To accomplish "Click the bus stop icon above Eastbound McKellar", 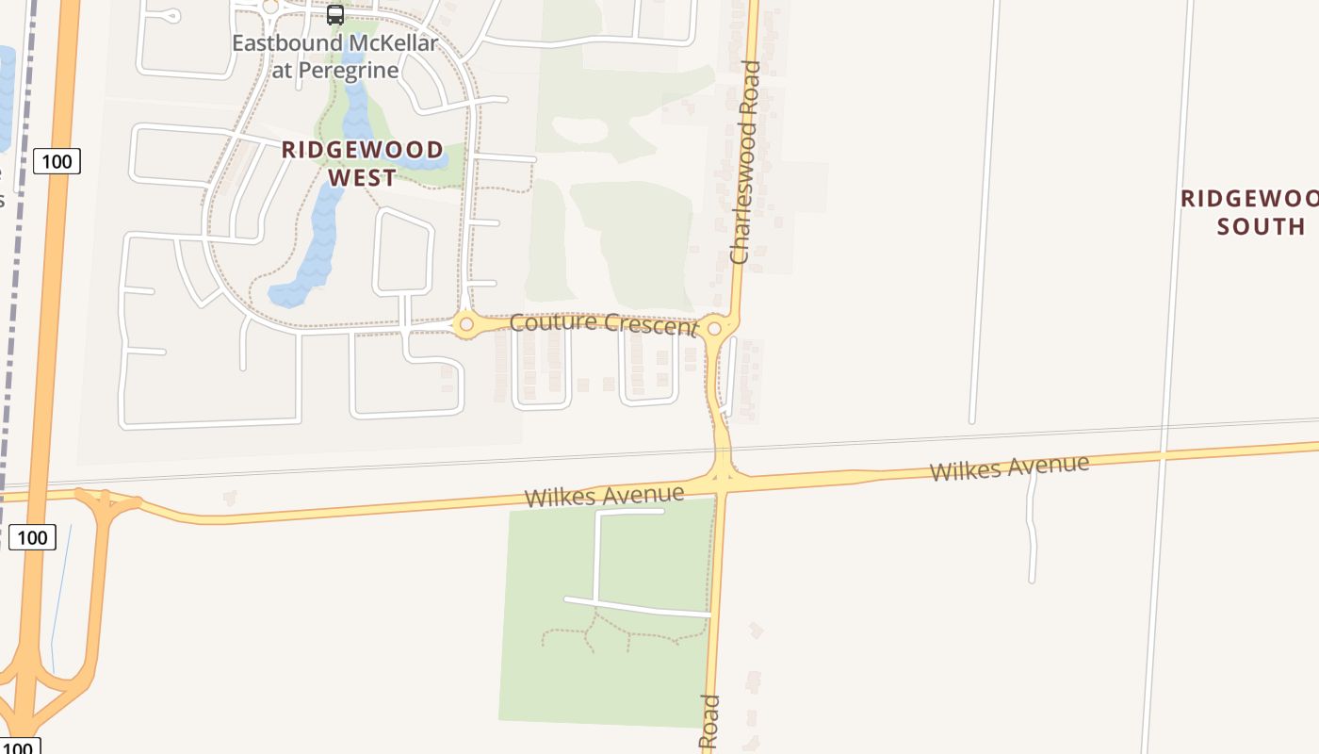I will (334, 15).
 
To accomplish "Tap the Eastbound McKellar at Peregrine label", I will (334, 57).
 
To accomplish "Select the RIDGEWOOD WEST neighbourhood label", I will (363, 163).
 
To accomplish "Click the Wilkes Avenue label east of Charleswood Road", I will (1009, 467).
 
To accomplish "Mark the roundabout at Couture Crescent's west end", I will (464, 325).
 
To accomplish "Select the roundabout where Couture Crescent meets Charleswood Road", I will (714, 328).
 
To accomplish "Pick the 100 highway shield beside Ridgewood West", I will (57, 161).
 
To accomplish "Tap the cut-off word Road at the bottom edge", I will (709, 724).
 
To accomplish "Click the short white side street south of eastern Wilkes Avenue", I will (1033, 528).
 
